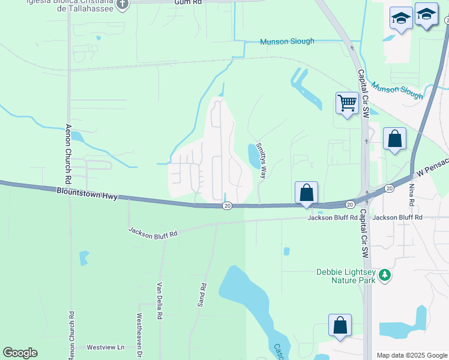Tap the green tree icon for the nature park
click(384, 275)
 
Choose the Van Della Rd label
click(160, 301)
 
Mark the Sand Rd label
click(202, 295)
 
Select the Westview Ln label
click(105, 347)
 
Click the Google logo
click(20, 353)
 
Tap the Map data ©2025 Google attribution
click(412, 355)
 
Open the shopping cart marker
click(347, 103)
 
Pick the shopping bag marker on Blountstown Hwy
click(306, 193)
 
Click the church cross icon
click(122, 4)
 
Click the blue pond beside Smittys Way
click(254, 157)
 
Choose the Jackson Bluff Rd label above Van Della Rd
click(154, 232)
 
